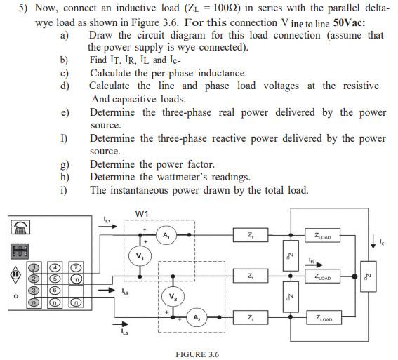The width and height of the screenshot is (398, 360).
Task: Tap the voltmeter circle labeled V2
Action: [x=170, y=295]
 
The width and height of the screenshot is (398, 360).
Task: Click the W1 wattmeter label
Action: [x=142, y=213]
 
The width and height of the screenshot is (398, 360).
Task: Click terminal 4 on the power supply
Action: [x=53, y=267]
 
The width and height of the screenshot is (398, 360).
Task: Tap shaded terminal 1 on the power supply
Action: [x=32, y=267]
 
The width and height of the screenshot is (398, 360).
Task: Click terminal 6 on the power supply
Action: [x=53, y=291]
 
